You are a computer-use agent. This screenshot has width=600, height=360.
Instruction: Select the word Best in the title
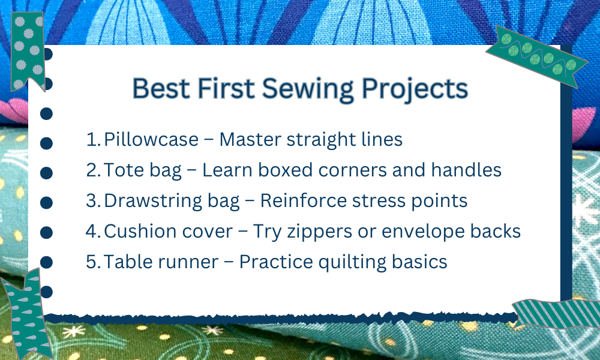click(x=161, y=89)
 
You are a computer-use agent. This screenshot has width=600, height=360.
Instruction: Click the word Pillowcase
click(x=151, y=139)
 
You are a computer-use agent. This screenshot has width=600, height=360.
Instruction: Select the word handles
click(x=466, y=170)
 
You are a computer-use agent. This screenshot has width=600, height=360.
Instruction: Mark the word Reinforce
click(x=303, y=201)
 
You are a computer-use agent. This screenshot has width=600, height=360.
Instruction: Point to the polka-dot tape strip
click(x=28, y=51)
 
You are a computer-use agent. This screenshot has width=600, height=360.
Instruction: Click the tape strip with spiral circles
click(x=537, y=56)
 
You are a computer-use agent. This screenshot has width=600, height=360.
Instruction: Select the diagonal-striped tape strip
click(x=556, y=314)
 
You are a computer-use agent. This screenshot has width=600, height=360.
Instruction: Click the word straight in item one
click(x=322, y=140)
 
